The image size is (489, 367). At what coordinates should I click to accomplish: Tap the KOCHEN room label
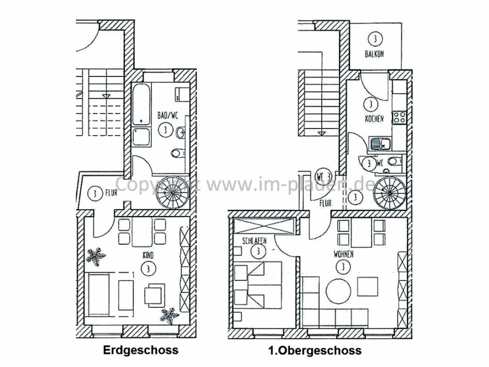374,119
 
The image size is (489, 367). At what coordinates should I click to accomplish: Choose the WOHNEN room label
343,254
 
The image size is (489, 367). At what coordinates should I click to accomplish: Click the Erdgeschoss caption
140,350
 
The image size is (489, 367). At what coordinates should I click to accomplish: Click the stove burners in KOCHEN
399,117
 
